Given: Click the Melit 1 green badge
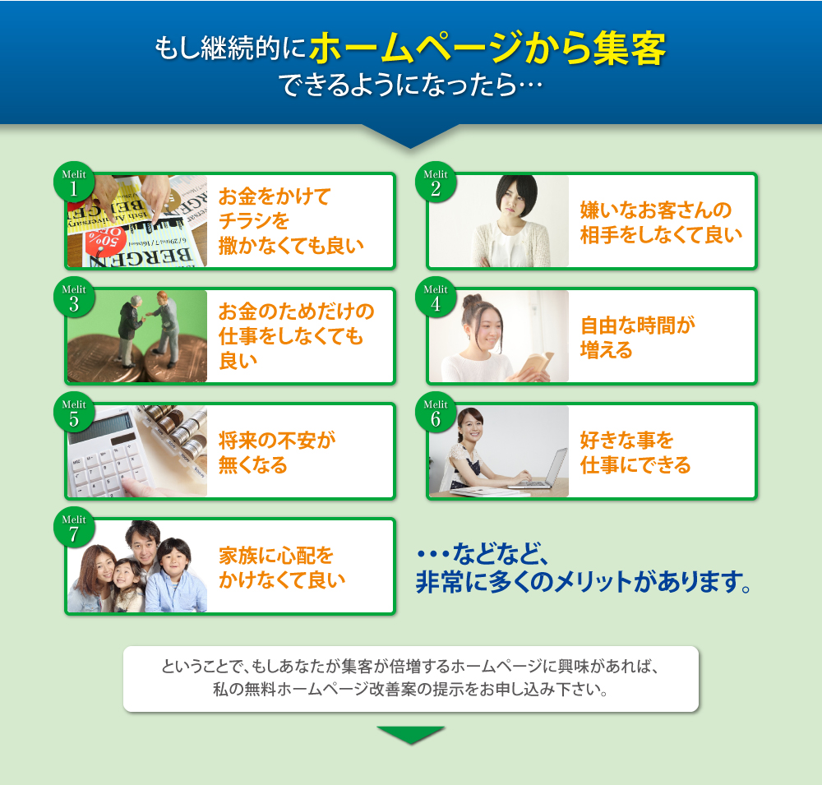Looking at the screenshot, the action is pyautogui.click(x=74, y=182).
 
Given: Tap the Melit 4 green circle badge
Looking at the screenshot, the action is pyautogui.click(x=436, y=298).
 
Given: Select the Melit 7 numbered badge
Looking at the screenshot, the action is pyautogui.click(x=74, y=528).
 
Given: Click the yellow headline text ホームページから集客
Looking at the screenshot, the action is pyautogui.click(x=487, y=48).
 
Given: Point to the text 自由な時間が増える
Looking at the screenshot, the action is pyautogui.click(x=638, y=338).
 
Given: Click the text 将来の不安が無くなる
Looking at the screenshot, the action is pyautogui.click(x=277, y=453).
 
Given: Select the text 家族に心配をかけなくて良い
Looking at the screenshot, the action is pyautogui.click(x=282, y=567).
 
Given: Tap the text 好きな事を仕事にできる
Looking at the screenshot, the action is pyautogui.click(x=635, y=453).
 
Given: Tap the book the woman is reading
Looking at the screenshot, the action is pyautogui.click(x=535, y=364).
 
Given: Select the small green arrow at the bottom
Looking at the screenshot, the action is pyautogui.click(x=410, y=735).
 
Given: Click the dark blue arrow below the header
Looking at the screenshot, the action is pyautogui.click(x=410, y=136).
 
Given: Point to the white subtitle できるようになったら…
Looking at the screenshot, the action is pyautogui.click(x=410, y=85).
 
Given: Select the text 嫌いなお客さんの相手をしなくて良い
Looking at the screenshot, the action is pyautogui.click(x=661, y=222).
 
